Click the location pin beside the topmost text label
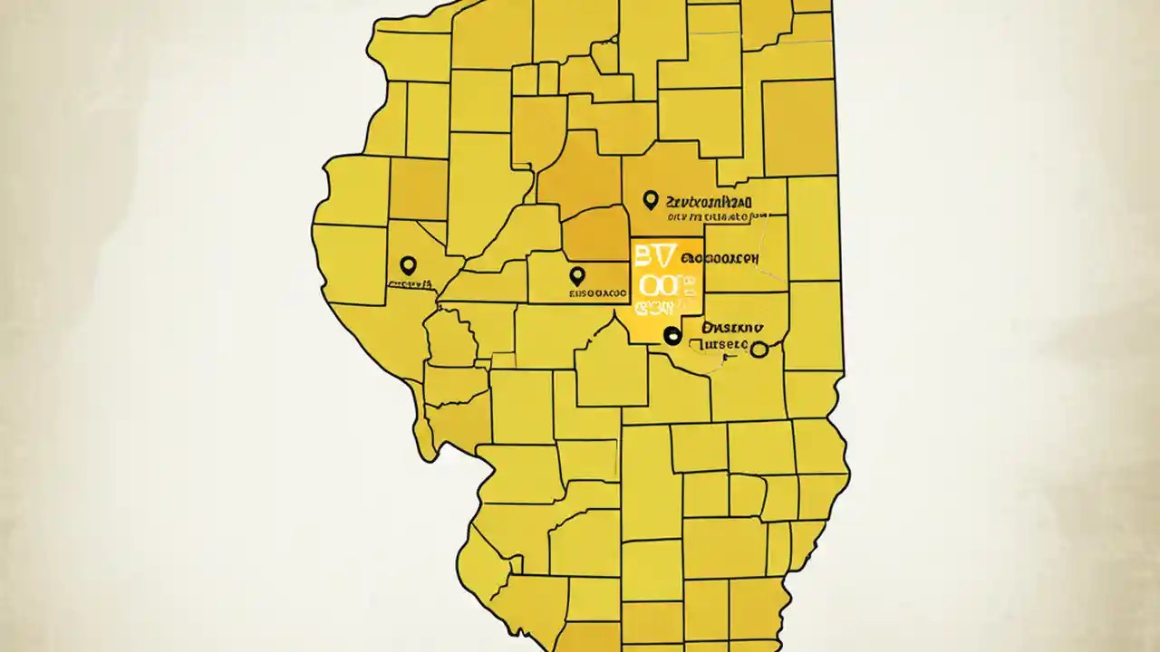tap(649, 199)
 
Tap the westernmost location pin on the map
tap(408, 265)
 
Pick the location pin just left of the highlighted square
tap(576, 275)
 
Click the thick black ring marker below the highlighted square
tap(672, 336)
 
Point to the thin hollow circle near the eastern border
tap(759, 350)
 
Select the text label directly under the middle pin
tap(597, 293)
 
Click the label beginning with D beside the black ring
tap(732, 328)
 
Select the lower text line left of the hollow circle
tap(719, 345)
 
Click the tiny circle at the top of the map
tap(614, 39)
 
